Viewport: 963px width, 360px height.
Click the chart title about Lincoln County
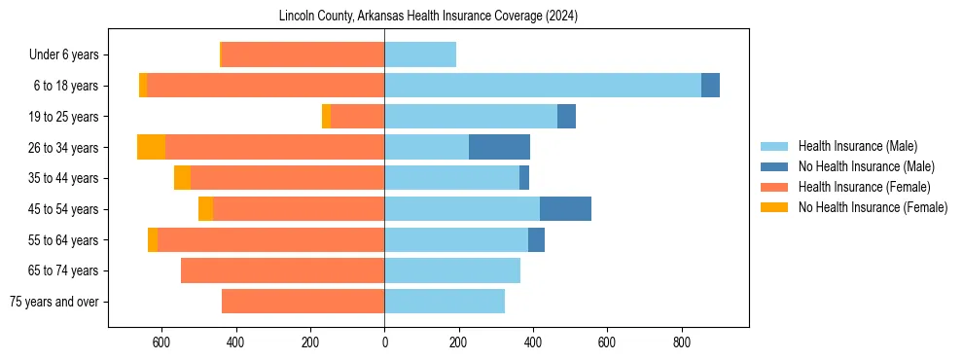[428, 17]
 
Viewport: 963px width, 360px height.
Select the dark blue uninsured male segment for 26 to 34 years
[499, 147]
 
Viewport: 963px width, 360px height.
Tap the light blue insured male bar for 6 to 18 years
[543, 86]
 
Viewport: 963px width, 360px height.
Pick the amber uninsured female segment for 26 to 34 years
[151, 147]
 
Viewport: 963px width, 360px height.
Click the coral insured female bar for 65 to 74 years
[282, 270]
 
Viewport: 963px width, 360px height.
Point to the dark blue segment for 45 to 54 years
[565, 209]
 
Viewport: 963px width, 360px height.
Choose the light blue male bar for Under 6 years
[420, 54]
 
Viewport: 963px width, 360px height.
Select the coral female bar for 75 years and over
[303, 302]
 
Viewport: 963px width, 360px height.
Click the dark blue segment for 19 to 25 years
[566, 117]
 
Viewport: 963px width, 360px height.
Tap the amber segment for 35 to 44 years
[182, 178]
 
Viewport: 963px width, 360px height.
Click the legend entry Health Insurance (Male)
[856, 147]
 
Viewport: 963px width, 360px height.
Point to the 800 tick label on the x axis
[681, 342]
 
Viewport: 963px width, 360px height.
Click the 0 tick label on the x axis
[384, 342]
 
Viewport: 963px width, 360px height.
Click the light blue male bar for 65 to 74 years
[452, 270]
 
